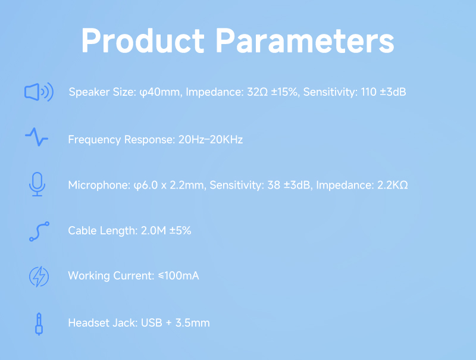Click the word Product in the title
(143, 41)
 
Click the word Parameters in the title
(305, 41)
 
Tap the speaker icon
(39, 92)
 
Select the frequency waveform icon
(36, 137)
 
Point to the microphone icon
(37, 184)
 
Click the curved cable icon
(39, 231)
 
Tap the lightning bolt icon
(39, 277)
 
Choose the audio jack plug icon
(39, 324)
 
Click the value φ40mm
(159, 92)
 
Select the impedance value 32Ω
(258, 92)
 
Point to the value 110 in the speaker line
(368, 92)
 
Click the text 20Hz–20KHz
(211, 140)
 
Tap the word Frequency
(95, 140)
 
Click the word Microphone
(99, 185)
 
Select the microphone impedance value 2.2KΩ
(392, 185)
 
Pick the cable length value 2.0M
(154, 231)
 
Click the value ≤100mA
(178, 276)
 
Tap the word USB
(152, 323)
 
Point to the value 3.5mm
(192, 323)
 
